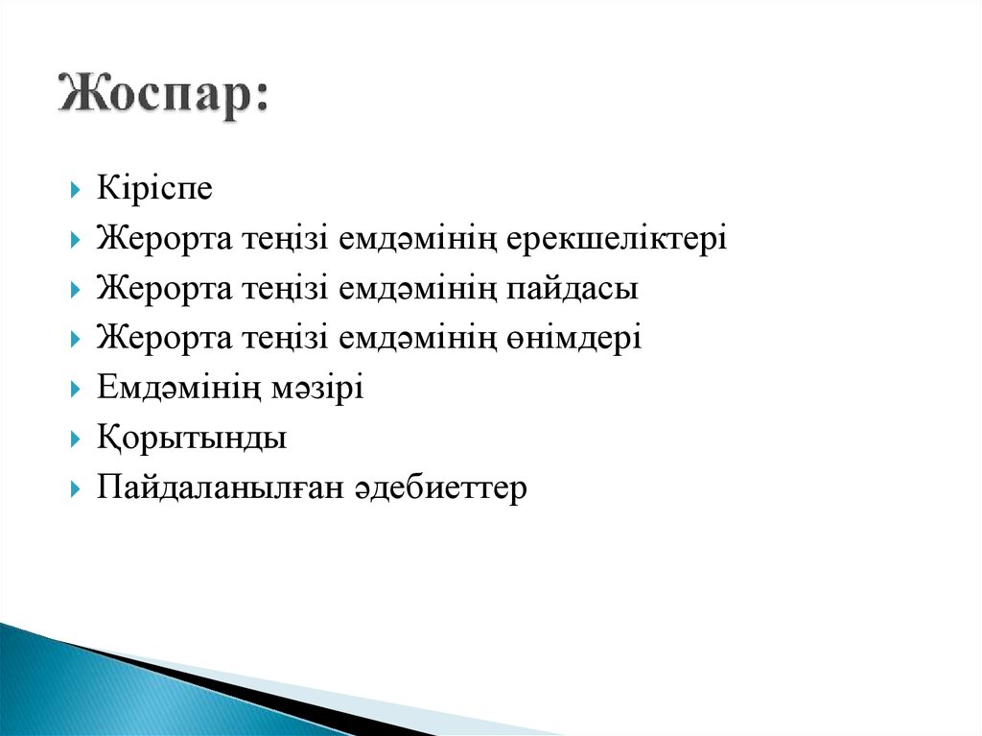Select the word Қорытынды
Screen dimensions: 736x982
192,439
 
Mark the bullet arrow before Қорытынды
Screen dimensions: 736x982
76,439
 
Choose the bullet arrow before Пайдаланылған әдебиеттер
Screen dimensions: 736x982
76,489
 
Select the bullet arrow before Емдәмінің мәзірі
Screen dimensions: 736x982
76,390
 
